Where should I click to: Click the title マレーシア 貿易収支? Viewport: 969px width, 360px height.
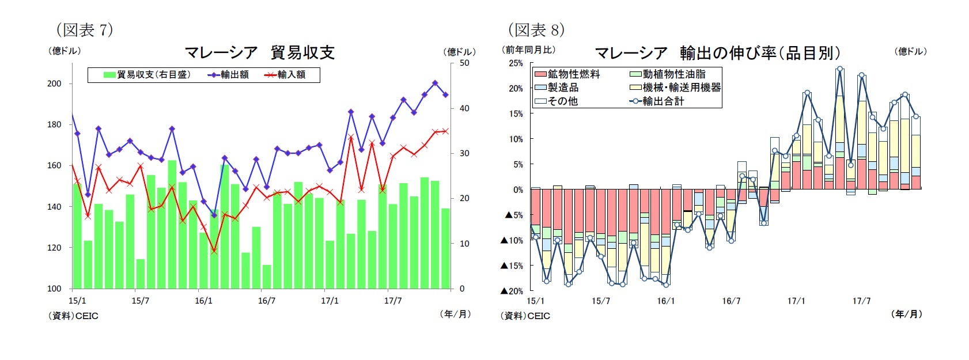tap(259, 52)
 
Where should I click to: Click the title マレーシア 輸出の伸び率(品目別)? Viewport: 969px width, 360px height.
tap(717, 53)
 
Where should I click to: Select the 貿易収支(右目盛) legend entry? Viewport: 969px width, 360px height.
tap(147, 75)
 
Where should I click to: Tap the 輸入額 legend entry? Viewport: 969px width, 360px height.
tap(285, 75)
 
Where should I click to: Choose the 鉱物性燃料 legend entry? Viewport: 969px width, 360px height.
tap(567, 74)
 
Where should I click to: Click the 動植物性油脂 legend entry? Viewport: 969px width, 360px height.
tap(668, 74)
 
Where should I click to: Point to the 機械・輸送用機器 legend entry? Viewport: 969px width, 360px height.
tap(675, 88)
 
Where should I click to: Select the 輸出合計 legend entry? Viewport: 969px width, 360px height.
tap(657, 101)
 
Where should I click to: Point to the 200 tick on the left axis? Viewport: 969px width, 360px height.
tap(54, 84)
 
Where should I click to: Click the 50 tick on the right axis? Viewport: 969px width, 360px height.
tap(464, 63)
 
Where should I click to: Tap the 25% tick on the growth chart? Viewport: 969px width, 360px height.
tap(516, 63)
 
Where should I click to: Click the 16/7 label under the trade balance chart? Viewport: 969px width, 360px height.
tap(266, 301)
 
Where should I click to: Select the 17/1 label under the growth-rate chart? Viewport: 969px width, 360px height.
tap(796, 301)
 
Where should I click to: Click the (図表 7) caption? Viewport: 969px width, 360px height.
tap(84, 29)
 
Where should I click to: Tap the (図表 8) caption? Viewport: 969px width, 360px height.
tap(536, 29)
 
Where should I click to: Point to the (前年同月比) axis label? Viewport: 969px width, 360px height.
tap(529, 50)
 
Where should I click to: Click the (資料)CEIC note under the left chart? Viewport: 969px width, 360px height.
tap(73, 316)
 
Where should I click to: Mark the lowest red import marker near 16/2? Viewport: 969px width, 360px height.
tap(214, 251)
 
